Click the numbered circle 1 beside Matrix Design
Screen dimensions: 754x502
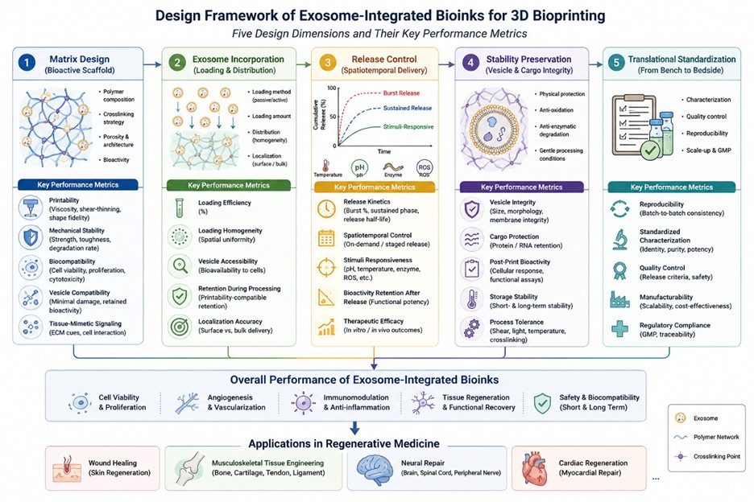(27, 63)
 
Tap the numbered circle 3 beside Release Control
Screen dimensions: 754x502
(328, 63)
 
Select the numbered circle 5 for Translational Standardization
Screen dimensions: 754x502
(616, 63)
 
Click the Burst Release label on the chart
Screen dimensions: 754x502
(401, 93)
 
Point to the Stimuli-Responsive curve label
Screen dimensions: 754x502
(408, 127)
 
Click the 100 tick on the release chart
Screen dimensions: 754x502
(331, 88)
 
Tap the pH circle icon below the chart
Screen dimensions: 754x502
(360, 168)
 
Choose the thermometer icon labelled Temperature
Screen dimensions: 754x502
(326, 166)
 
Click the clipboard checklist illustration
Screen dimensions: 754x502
(634, 125)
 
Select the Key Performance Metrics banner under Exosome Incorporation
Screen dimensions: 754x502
(229, 185)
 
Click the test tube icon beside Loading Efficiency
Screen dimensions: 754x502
(180, 208)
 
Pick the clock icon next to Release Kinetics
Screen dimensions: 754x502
(326, 209)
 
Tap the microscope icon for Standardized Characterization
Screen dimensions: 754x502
(619, 239)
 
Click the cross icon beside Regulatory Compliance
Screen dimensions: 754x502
(619, 329)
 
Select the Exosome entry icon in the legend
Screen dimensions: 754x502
(680, 418)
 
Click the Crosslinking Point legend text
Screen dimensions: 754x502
(717, 456)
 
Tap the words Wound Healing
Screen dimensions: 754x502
(113, 463)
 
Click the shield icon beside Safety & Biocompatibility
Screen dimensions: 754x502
(542, 402)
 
